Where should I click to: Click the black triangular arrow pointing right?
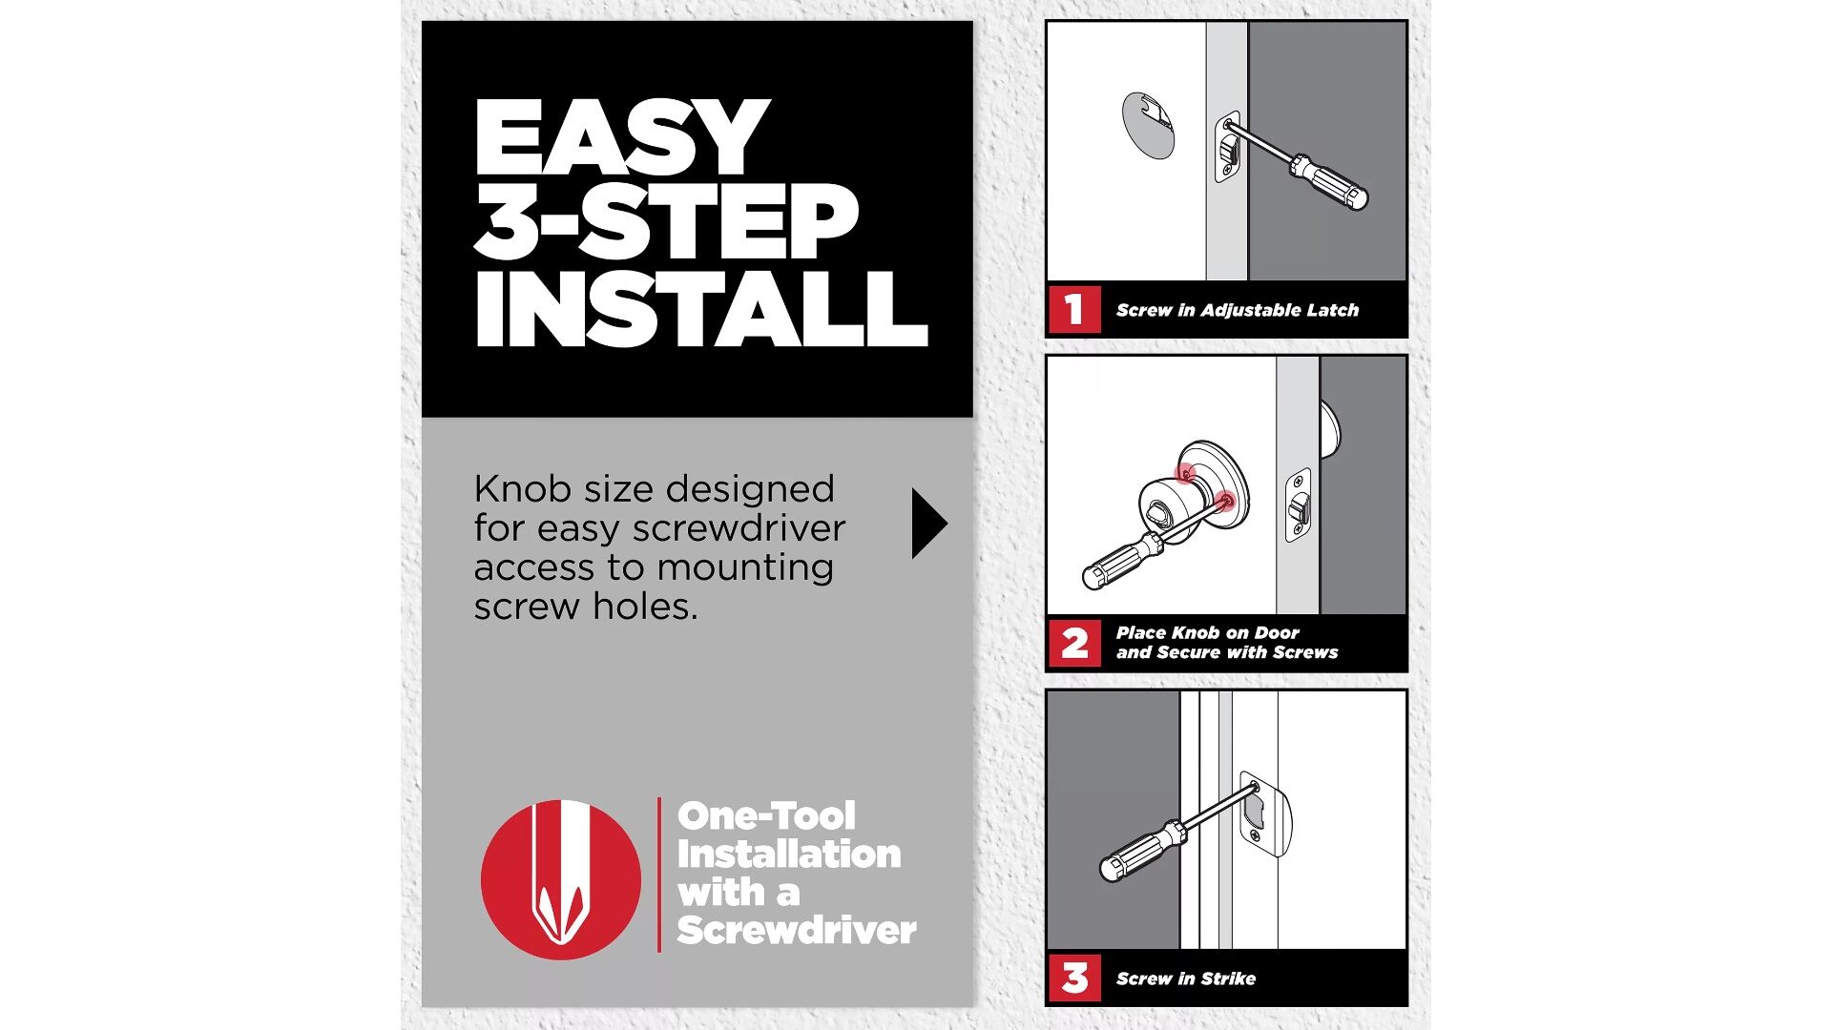pos(929,524)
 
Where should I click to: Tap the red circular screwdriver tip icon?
pos(561,879)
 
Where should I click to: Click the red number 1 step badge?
pos(1074,310)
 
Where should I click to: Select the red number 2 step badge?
pos(1074,643)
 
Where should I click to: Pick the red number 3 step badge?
pos(1074,978)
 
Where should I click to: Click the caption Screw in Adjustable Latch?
pos(1238,310)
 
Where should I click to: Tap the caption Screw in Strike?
pos(1186,978)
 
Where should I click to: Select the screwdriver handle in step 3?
pos(1142,850)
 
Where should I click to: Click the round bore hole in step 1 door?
pos(1148,124)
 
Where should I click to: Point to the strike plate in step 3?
pos(1265,814)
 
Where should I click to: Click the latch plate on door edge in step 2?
pos(1298,506)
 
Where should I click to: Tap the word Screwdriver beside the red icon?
pos(797,930)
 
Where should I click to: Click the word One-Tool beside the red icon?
pos(766,815)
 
